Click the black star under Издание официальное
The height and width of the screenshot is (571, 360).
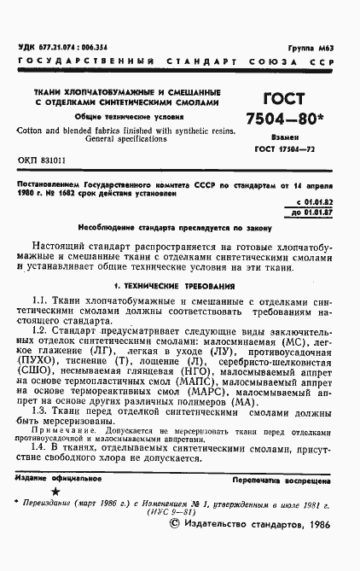click(56, 492)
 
